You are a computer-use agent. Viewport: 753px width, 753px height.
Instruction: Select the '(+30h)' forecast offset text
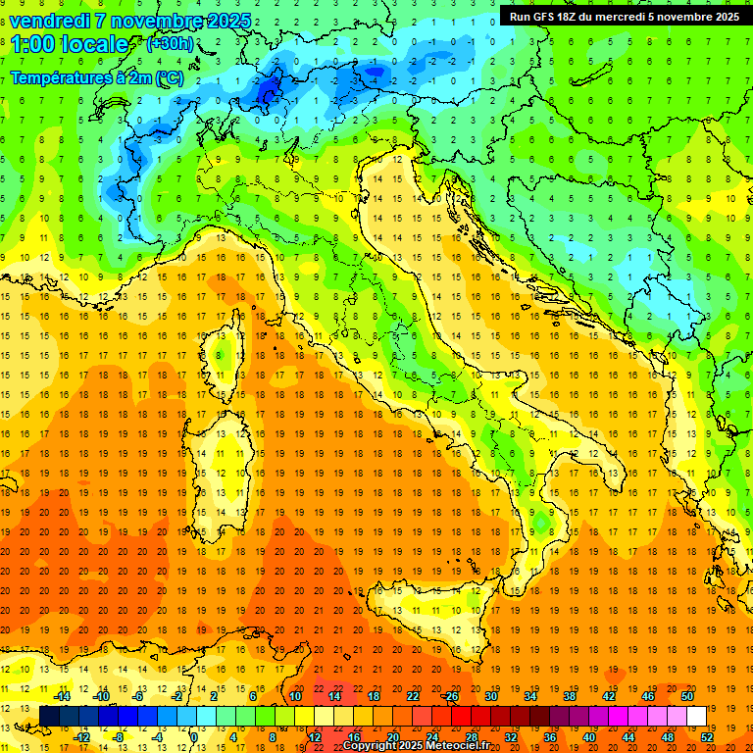coord(169,44)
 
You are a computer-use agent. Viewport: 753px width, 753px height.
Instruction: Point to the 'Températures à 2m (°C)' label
coord(96,76)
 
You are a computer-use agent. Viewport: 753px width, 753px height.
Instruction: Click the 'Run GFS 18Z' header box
coord(625,16)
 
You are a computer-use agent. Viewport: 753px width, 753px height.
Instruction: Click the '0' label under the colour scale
coord(194,737)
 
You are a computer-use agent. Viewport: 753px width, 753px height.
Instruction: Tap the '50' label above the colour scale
coord(687,696)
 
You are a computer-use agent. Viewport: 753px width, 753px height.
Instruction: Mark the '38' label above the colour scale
coord(570,696)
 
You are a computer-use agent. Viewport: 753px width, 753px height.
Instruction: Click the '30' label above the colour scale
coord(491,696)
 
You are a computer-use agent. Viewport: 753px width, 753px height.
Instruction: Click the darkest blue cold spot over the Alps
coord(267,90)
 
